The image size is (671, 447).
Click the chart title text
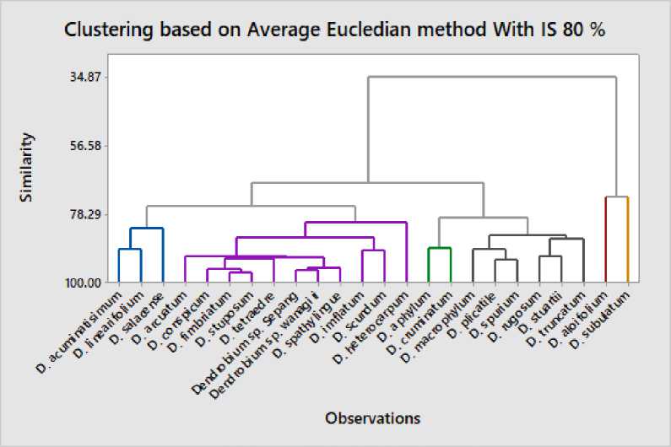tap(335, 30)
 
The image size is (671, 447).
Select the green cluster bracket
tap(440, 248)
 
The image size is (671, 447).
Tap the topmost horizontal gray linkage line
tap(491, 78)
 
